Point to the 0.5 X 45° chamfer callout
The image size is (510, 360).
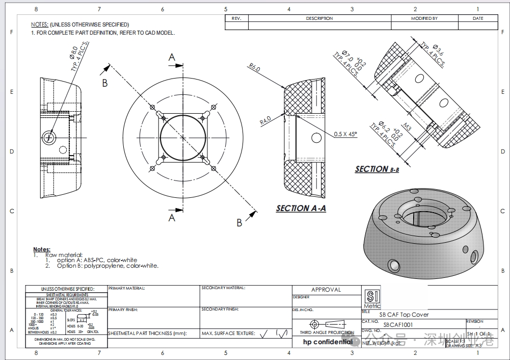[x=346, y=134]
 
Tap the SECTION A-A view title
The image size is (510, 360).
[x=301, y=208]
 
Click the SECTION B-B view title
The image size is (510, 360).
[x=377, y=169]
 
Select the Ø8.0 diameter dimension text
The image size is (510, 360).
[x=73, y=54]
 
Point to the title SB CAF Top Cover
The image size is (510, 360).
[x=404, y=315]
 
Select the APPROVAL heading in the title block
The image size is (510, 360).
[x=326, y=290]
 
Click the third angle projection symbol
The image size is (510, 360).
[x=326, y=324]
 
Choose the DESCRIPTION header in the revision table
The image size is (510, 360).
[x=319, y=18]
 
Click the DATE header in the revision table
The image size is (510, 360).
[x=478, y=18]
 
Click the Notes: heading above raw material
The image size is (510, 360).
[x=42, y=249]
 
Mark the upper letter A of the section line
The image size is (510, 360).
[x=172, y=58]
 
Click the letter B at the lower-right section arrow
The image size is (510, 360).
[x=239, y=222]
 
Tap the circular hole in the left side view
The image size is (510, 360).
[x=49, y=136]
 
